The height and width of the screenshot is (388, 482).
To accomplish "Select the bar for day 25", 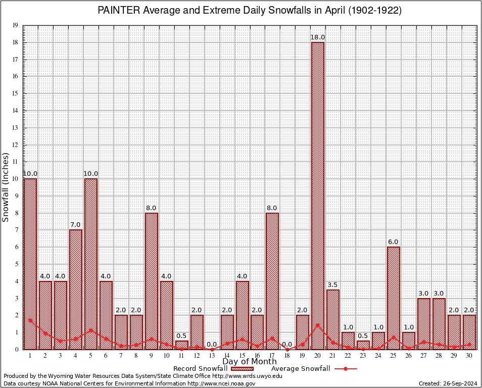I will click(x=394, y=298).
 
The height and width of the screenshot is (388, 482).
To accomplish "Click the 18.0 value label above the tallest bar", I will click(x=318, y=37).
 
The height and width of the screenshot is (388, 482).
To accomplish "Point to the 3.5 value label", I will click(x=333, y=285).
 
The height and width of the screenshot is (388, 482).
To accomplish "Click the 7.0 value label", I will click(x=76, y=225).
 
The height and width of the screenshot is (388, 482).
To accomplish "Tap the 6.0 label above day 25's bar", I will click(x=394, y=242).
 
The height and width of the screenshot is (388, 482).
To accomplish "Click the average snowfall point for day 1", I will click(x=30, y=320).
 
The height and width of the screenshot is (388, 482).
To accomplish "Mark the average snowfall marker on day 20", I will click(x=318, y=325).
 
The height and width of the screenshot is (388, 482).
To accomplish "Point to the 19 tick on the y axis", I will click(x=16, y=25).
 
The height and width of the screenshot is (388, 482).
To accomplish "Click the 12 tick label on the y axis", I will click(x=16, y=145).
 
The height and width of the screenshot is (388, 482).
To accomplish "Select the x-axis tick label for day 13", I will click(x=212, y=356).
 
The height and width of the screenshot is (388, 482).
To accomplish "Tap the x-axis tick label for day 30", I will click(x=469, y=356).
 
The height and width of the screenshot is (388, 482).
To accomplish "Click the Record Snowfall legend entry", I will click(x=200, y=369).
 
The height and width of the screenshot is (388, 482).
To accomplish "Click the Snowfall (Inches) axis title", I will click(x=6, y=187).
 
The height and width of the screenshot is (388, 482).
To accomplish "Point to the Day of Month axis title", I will click(x=250, y=362).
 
